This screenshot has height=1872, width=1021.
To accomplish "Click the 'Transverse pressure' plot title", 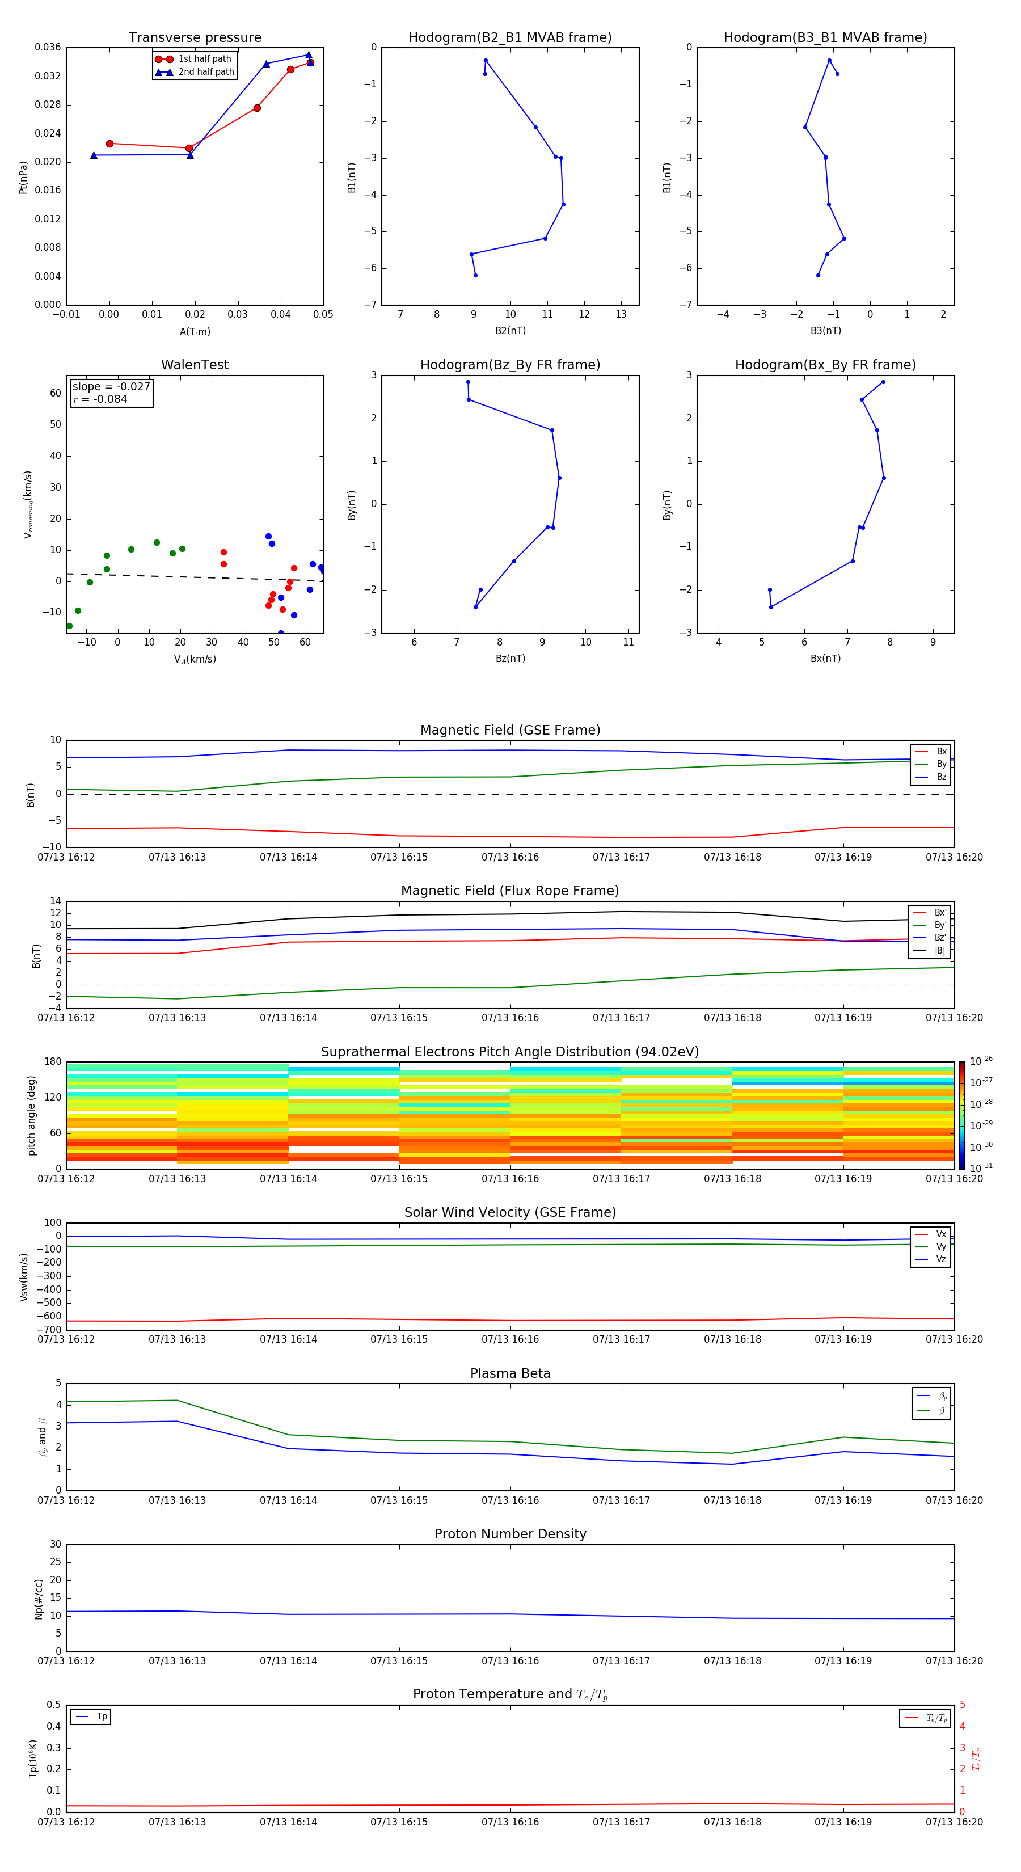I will tap(195, 38).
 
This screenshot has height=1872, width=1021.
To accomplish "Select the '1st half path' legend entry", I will tap(204, 59).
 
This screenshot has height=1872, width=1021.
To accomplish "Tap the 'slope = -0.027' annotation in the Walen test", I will tap(111, 387).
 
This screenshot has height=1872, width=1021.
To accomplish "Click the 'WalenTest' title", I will tap(195, 365).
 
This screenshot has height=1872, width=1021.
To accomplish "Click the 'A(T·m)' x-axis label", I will tap(195, 331).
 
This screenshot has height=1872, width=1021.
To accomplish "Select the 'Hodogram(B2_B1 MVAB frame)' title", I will tap(509, 38).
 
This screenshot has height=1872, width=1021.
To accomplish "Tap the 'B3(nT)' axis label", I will tap(825, 331).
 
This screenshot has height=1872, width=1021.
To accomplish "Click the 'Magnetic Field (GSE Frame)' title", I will tap(510, 730).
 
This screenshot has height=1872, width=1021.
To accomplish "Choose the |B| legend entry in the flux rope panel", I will tap(939, 951).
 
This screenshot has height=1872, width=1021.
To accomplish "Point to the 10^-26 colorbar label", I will tap(981, 1061).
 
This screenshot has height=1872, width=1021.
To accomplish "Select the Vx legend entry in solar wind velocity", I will tap(940, 1234).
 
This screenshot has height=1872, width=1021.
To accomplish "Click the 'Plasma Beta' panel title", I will tap(510, 1373).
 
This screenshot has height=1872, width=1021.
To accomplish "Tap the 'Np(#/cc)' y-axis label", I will tap(39, 1599).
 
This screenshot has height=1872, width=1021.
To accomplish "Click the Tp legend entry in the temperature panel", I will tap(101, 1717).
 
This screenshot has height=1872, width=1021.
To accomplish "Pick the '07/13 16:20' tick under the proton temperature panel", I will tap(954, 1822).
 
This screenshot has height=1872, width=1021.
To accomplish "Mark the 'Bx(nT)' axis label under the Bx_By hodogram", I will tap(825, 659).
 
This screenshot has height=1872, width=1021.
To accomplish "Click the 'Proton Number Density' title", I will tap(510, 1534).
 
